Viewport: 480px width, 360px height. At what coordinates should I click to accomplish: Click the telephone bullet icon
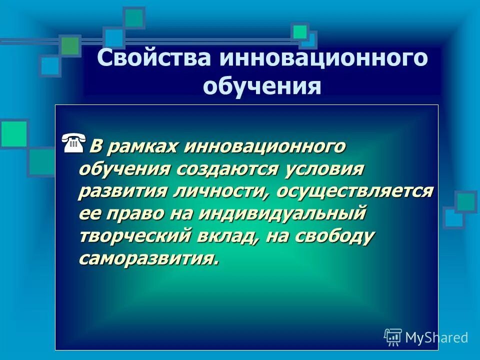tap(74, 144)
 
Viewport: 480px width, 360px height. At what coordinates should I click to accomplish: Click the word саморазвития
tap(148, 257)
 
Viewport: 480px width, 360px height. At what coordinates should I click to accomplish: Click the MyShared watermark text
tap(436, 337)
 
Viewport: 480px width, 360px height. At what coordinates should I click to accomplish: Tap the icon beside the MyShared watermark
tap(393, 337)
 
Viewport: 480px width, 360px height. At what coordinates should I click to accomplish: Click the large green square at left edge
tap(13, 133)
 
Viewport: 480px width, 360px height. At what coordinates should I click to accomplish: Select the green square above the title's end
tap(300, 32)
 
